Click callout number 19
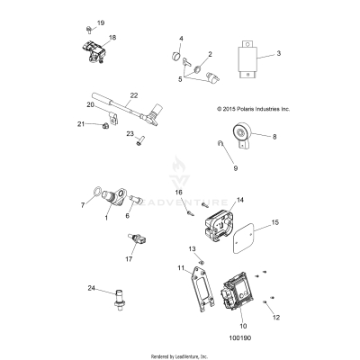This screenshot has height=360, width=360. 100,22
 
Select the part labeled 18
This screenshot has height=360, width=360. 94,52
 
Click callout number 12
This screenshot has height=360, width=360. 276,317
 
